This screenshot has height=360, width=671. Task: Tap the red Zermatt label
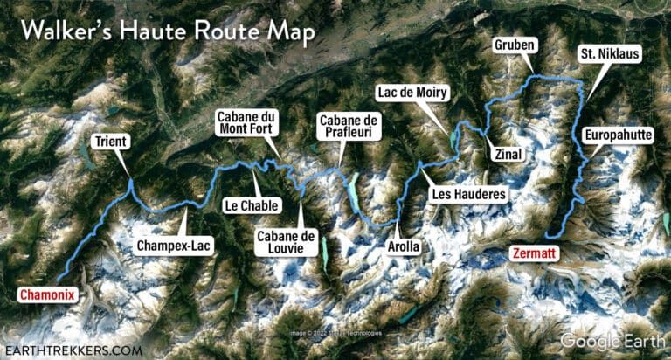tap(536, 255)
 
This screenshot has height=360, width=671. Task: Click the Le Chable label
tap(252, 206)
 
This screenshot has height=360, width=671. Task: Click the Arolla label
tap(403, 247)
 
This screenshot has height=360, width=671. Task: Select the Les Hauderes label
tap(468, 194)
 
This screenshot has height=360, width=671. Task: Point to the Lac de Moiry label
tap(413, 92)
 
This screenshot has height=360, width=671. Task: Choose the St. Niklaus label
tap(610, 55)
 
